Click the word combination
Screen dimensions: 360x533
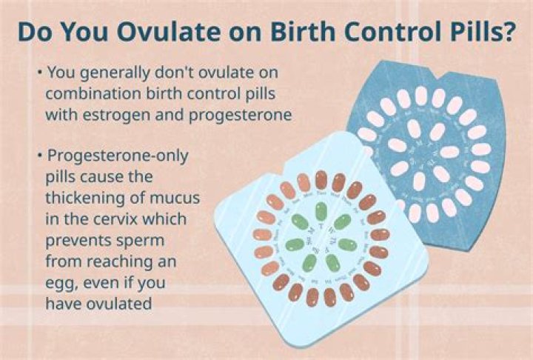tap(91, 94)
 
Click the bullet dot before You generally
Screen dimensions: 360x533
tap(38, 73)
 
